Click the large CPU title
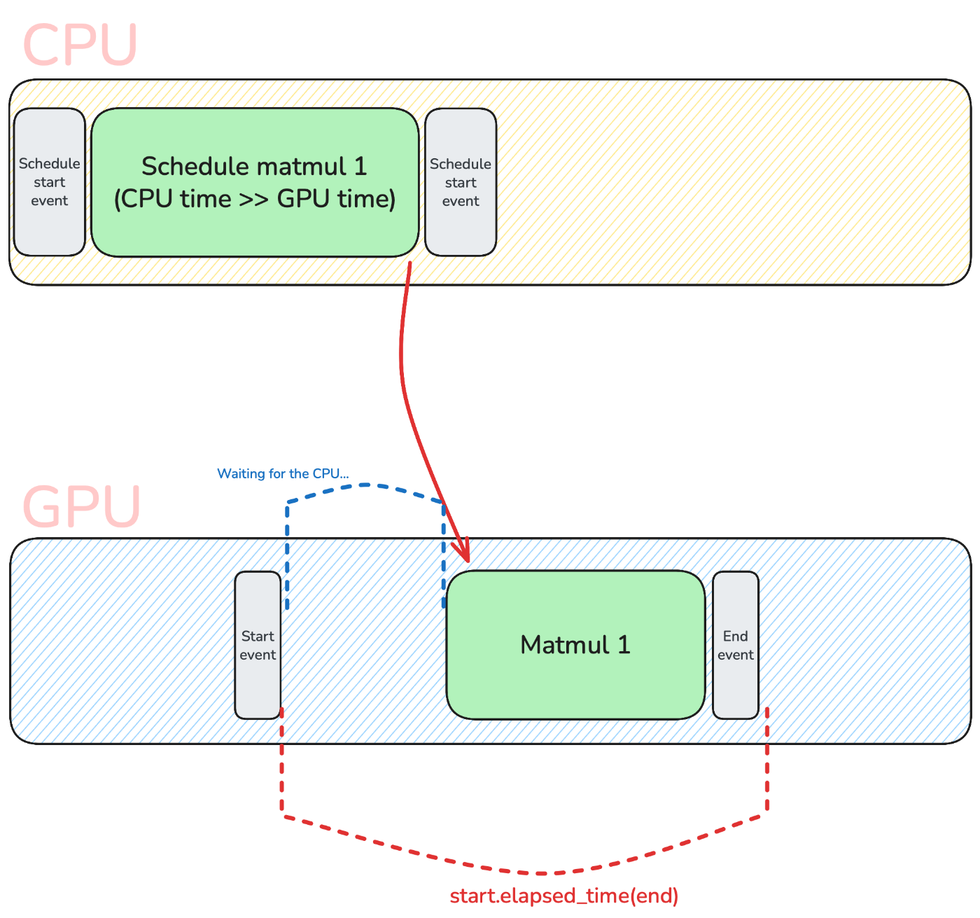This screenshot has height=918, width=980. [x=80, y=45]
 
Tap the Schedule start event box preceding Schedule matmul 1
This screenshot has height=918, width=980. [x=49, y=182]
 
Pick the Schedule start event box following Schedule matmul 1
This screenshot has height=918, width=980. [x=461, y=182]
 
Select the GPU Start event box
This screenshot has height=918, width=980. [x=258, y=645]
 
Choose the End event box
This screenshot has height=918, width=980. [x=736, y=645]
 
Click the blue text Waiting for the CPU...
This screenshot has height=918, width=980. [x=283, y=474]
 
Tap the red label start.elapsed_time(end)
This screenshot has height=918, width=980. [x=563, y=896]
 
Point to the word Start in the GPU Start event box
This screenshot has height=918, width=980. [x=258, y=636]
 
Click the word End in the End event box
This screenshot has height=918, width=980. [x=736, y=636]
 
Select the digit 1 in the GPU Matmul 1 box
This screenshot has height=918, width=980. [x=623, y=645]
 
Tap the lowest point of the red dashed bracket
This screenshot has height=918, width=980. [x=542, y=873]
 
